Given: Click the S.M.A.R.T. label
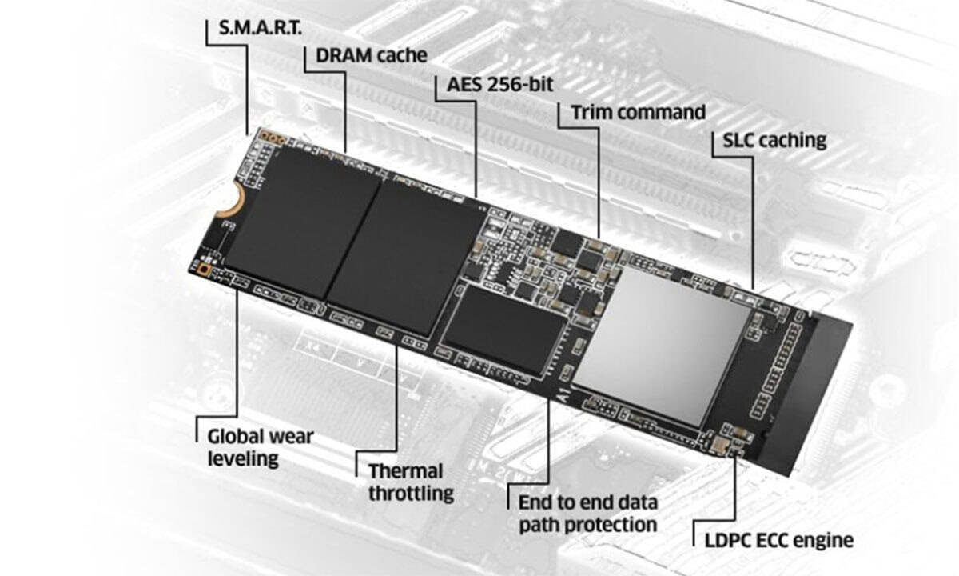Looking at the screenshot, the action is coord(261,28).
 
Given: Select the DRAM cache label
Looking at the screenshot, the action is coord(372,55).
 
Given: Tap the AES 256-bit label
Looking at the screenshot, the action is coord(500,85).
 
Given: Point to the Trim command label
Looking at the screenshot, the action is coord(639,112).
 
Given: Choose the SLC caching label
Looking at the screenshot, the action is coord(774,141).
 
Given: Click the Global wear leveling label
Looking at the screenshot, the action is coord(261,447).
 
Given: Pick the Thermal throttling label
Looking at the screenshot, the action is coord(411,482).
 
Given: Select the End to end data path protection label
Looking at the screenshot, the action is coord(588,514).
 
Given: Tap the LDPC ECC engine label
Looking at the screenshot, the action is coord(778,541).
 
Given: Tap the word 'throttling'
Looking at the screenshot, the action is coord(411,493).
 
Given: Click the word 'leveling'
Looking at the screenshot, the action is coord(243,458).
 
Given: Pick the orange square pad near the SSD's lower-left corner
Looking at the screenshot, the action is coord(204,269).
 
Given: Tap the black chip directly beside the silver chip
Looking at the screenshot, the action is coord(504,330).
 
